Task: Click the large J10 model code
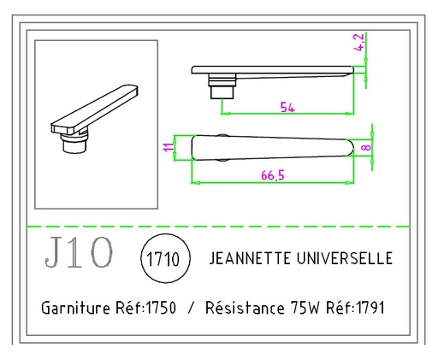[x=77, y=254]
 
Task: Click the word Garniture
[x=73, y=307]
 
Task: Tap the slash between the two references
[x=191, y=307]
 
